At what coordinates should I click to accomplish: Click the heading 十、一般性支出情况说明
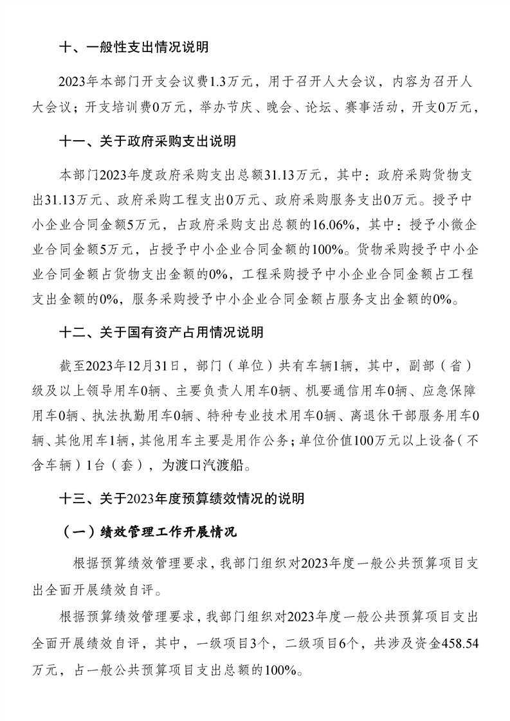tap(134, 47)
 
